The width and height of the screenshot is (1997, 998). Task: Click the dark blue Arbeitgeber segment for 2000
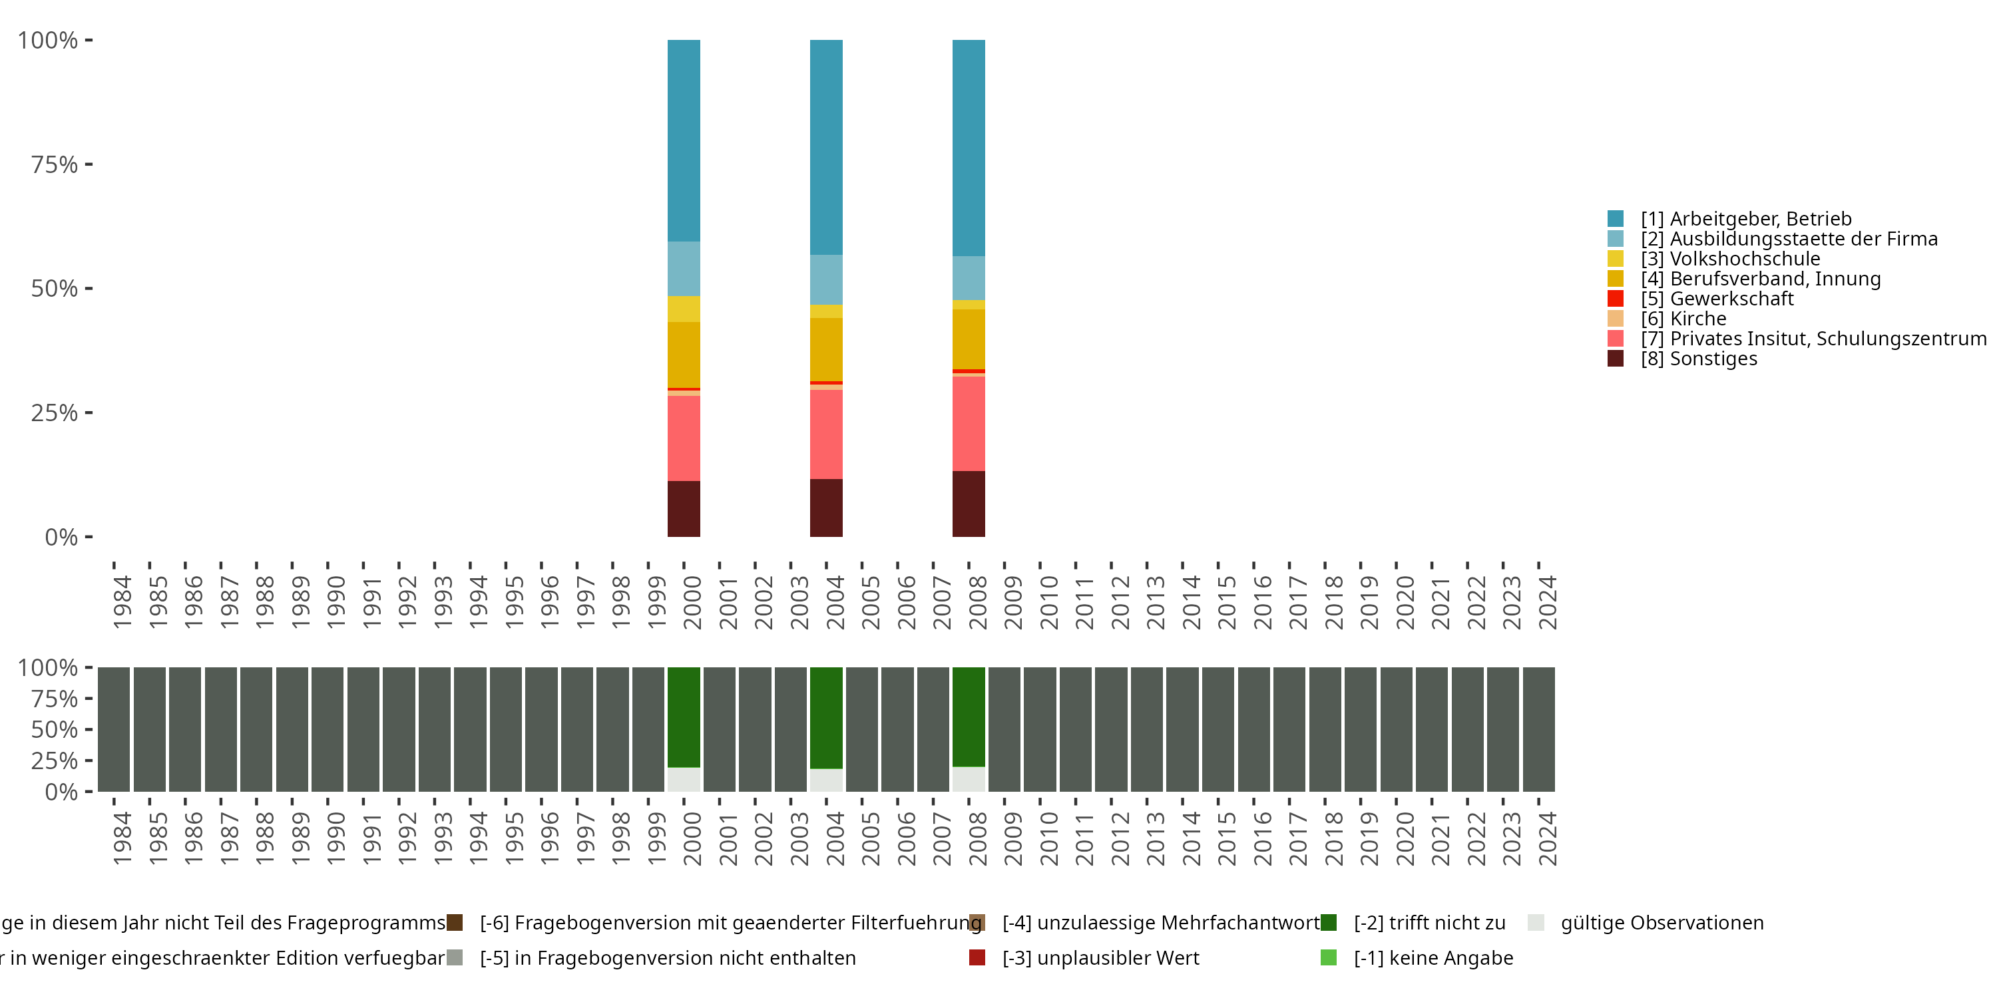tap(684, 140)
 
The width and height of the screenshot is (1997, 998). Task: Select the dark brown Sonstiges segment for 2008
tap(969, 504)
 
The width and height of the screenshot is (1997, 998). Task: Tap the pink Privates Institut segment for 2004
tap(826, 434)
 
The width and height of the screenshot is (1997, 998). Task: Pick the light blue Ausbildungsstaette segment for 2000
tap(684, 268)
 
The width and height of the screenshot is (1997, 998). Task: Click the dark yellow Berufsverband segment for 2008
tap(969, 339)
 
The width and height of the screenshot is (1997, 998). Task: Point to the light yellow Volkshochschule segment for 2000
tap(684, 309)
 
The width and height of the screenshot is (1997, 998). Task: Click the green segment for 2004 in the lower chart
tap(826, 717)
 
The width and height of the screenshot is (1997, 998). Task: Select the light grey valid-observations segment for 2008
tap(969, 778)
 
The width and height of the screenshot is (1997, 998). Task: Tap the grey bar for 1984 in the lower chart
tap(113, 729)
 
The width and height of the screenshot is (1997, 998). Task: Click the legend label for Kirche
tap(1697, 319)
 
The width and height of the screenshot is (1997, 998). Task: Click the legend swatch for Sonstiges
tap(1616, 359)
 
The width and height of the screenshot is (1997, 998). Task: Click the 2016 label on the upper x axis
tap(1262, 603)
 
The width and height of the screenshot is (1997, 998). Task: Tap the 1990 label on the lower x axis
tap(335, 838)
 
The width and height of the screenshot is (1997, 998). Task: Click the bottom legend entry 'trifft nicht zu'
tap(1429, 923)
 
